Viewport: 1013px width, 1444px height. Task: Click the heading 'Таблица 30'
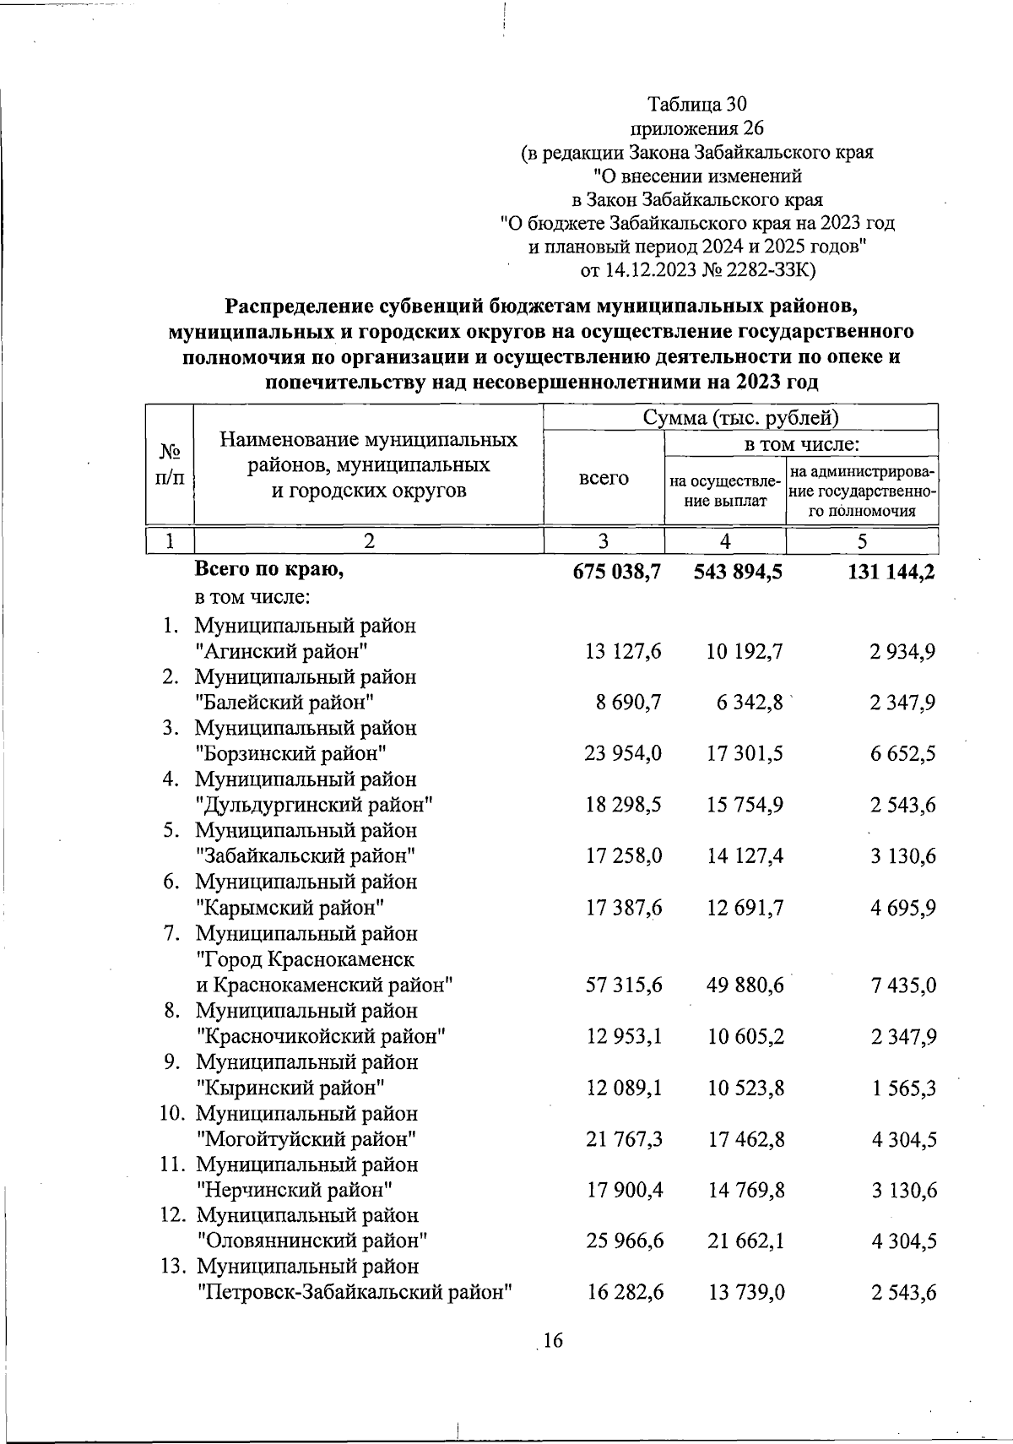tap(696, 105)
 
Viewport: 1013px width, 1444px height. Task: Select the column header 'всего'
tap(604, 478)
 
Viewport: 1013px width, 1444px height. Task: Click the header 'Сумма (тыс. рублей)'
tap(740, 418)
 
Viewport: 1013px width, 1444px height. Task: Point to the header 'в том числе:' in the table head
tap(801, 444)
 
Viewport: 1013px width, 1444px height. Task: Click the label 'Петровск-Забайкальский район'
tap(355, 1292)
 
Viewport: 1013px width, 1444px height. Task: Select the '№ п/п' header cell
tap(170, 466)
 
